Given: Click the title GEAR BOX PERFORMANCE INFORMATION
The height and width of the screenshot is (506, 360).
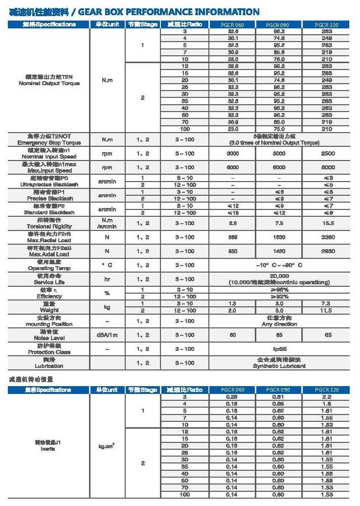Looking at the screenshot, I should pyautogui.click(x=168, y=12).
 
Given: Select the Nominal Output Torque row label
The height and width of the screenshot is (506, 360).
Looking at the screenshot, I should pyautogui.click(x=48, y=83).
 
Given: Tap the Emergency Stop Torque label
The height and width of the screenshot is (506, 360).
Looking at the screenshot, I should pyautogui.click(x=48, y=142).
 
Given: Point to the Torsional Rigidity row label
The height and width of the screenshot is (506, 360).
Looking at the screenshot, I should pyautogui.click(x=48, y=227).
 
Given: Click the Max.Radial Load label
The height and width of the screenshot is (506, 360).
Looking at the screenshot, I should pyautogui.click(x=48, y=240).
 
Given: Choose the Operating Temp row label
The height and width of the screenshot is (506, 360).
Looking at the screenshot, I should pyautogui.click(x=48, y=268).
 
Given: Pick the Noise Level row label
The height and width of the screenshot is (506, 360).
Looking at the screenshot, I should pyautogui.click(x=48, y=338).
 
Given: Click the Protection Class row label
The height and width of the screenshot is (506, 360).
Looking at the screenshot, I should pyautogui.click(x=48, y=352).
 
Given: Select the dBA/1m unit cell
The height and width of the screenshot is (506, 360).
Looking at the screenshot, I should pyautogui.click(x=107, y=335).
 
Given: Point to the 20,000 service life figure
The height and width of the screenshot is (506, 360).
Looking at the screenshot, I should pyautogui.click(x=279, y=276).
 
